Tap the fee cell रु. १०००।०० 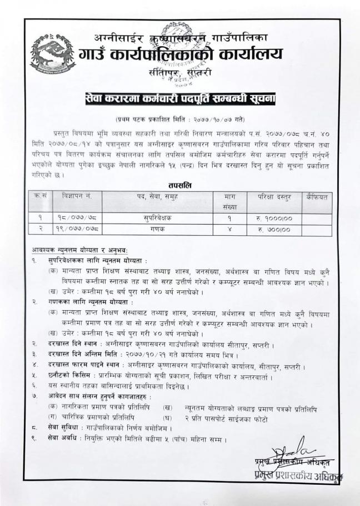tap(272, 217)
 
